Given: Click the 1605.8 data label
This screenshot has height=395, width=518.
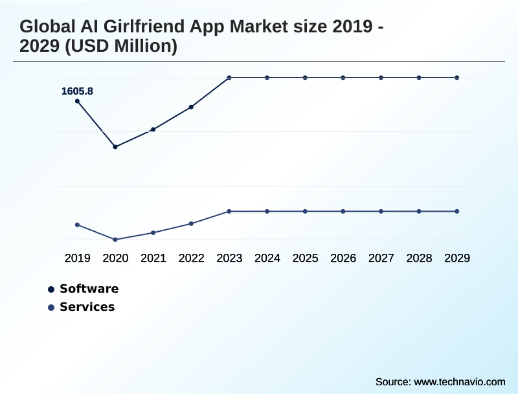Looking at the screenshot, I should point(77,91).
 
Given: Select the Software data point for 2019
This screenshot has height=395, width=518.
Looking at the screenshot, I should point(78,101).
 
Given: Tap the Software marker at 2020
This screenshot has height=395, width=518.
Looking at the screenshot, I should point(115,147).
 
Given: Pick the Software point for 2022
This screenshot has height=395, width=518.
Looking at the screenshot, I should point(191,107).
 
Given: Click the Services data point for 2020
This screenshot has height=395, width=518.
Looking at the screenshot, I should point(115,240).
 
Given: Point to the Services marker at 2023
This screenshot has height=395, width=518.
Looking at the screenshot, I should point(229,211).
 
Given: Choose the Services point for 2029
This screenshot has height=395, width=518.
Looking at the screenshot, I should point(457,211).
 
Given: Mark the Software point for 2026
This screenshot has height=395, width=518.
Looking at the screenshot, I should point(343,78).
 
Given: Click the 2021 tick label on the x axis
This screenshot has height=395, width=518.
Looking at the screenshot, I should point(153,258).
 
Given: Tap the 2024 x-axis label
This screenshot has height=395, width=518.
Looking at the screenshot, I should point(267,258).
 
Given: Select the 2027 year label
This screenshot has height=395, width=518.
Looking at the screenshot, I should point(381,258).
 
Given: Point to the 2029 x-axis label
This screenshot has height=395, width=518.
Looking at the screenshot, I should point(457,258).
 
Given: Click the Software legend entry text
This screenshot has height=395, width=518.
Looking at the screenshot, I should point(89,289).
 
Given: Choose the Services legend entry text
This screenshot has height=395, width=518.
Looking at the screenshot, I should point(87,307).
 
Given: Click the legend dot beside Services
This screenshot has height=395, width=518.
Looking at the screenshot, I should point(51,308).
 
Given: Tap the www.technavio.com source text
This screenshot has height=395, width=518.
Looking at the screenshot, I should point(459,381).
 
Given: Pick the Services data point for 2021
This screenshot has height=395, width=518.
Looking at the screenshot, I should point(153,232).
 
